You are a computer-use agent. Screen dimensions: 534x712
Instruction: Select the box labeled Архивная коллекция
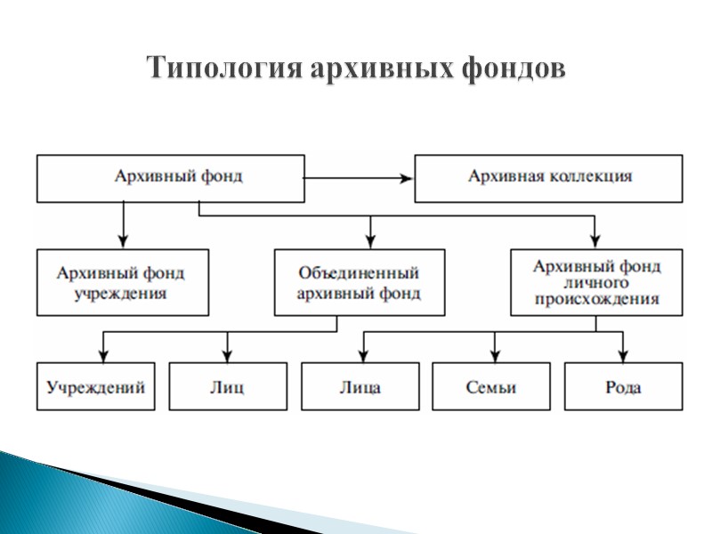click(x=549, y=176)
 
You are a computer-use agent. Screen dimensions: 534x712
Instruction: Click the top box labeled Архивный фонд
click(x=169, y=176)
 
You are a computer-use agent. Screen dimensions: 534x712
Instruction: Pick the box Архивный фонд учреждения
click(x=122, y=282)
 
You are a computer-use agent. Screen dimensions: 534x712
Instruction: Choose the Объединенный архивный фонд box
click(x=359, y=282)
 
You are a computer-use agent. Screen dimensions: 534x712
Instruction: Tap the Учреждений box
click(x=95, y=387)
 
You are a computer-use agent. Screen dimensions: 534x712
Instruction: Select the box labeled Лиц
click(x=228, y=387)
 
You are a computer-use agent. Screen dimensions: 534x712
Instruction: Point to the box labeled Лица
click(x=360, y=387)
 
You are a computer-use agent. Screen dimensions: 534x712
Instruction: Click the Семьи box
click(x=491, y=387)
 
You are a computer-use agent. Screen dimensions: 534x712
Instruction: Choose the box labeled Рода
click(x=622, y=387)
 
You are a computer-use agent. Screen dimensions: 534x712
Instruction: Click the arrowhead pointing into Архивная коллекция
click(x=408, y=178)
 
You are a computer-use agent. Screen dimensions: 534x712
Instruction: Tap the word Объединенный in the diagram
click(x=359, y=273)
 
